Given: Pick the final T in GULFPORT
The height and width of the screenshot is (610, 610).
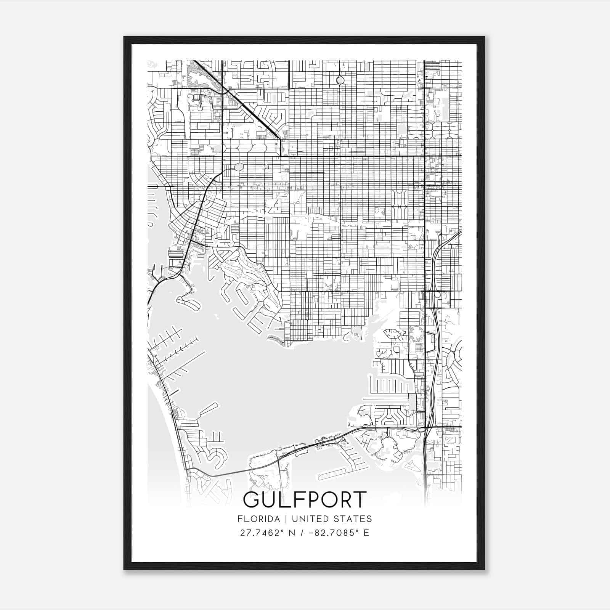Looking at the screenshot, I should click(359, 500).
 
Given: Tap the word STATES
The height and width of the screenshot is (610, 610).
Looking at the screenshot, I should click(355, 519).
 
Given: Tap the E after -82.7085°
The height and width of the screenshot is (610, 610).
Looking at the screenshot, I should click(366, 533).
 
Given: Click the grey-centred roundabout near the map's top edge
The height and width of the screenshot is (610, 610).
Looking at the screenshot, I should click(340, 80).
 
